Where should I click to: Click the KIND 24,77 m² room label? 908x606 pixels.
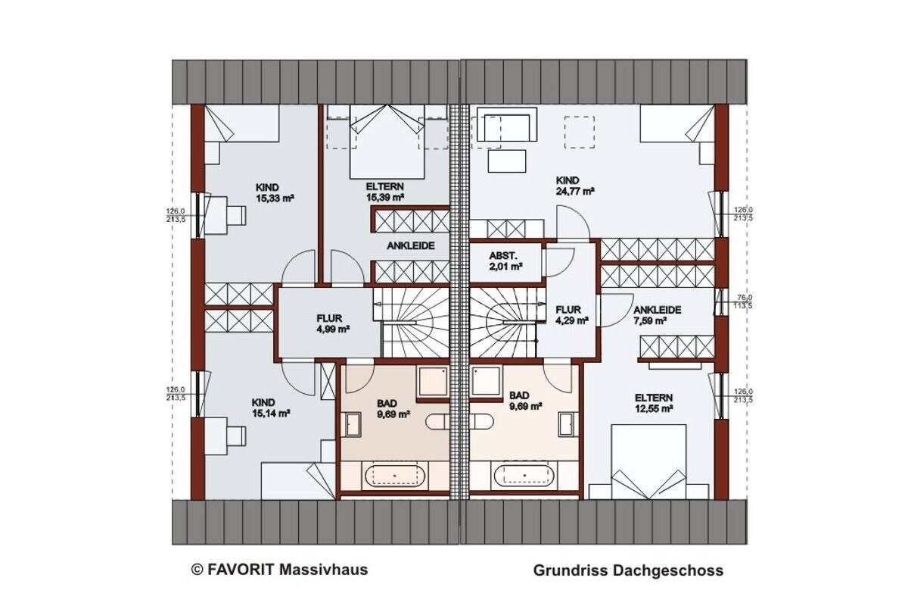click(574, 186)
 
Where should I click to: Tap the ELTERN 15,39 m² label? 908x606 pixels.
click(386, 191)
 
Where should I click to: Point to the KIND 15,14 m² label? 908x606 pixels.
click(271, 408)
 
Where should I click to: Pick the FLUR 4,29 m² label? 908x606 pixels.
click(570, 314)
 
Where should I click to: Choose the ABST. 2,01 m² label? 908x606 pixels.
click(506, 261)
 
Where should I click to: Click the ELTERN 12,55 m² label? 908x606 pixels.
click(654, 403)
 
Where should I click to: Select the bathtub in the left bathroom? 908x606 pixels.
click(396, 476)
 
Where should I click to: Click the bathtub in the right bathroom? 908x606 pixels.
click(524, 476)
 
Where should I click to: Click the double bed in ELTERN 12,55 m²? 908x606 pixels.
click(648, 462)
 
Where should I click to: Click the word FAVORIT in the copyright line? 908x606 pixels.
click(242, 569)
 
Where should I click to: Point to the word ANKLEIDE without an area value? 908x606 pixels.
click(412, 246)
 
